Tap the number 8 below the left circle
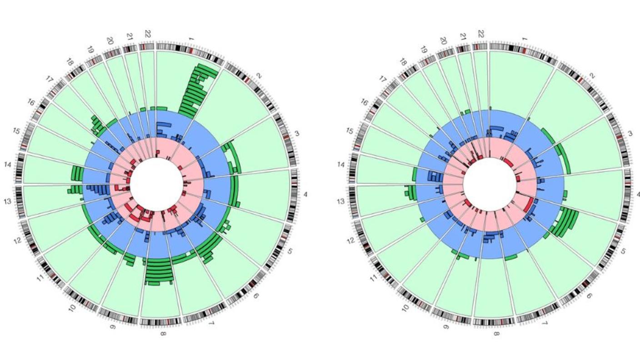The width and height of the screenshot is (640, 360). [x=163, y=334]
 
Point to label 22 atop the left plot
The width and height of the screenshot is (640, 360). [x=147, y=34]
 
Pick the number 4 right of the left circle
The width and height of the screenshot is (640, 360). [x=305, y=195]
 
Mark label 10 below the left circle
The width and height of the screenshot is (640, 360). [x=72, y=308]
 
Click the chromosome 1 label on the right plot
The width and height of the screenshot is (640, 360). [x=525, y=40]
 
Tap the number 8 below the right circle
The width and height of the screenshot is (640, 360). [x=496, y=334]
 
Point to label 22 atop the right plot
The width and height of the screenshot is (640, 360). [x=481, y=34]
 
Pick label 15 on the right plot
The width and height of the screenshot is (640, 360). [x=350, y=131]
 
